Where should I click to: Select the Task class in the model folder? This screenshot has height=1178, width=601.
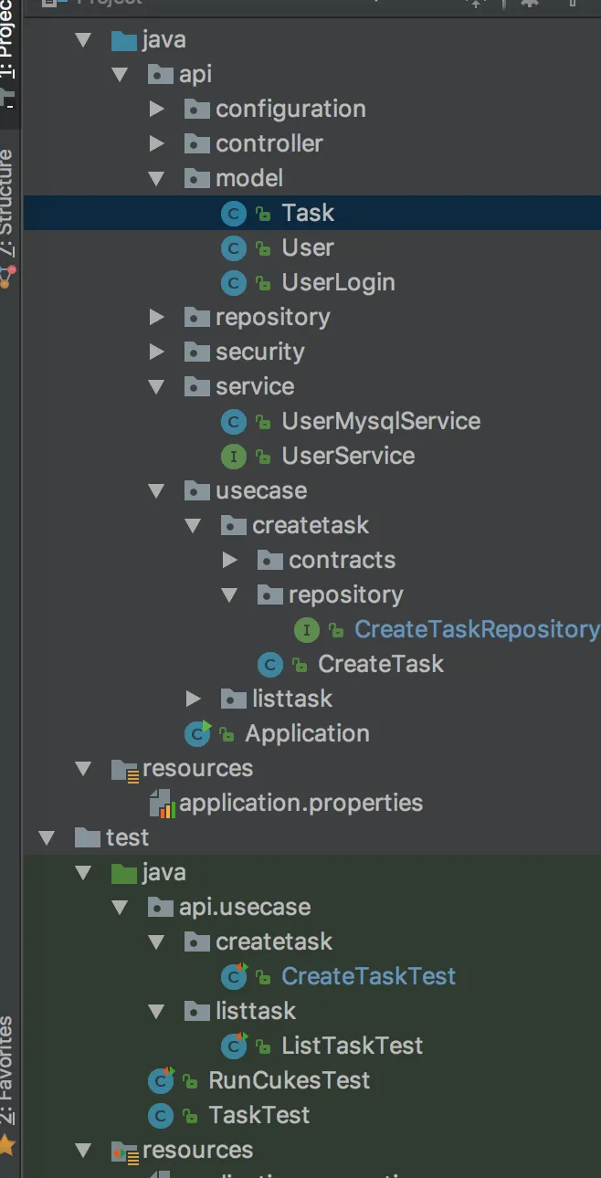(x=307, y=213)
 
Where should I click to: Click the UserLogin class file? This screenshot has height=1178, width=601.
(x=337, y=282)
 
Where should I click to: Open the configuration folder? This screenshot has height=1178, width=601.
(x=290, y=109)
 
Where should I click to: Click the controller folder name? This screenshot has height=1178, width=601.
(x=269, y=143)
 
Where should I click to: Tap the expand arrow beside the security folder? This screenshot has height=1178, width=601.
(x=157, y=352)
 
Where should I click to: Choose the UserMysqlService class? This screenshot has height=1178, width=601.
(x=380, y=421)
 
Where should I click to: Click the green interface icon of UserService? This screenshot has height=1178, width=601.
(x=235, y=456)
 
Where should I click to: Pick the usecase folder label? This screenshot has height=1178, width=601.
(x=260, y=490)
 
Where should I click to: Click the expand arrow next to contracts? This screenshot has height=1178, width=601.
(x=230, y=560)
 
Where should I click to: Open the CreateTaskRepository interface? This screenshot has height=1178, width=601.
(x=476, y=629)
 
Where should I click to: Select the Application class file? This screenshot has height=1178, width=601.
(x=306, y=733)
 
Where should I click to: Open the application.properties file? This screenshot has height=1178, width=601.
(x=300, y=803)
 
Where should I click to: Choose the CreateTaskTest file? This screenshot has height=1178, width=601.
(x=367, y=976)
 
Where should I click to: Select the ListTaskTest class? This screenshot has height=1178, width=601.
(x=352, y=1046)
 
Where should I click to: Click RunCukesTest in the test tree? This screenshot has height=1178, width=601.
(x=289, y=1080)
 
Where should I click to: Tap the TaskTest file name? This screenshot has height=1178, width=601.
(x=258, y=1115)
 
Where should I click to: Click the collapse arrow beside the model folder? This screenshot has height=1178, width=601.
(x=157, y=178)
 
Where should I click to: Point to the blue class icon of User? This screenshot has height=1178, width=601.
(x=235, y=247)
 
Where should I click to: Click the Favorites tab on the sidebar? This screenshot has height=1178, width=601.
(x=8, y=1068)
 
